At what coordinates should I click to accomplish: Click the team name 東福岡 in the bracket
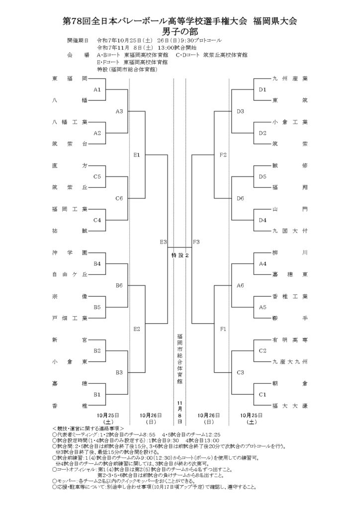(x=70, y=79)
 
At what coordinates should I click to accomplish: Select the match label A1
(x=97, y=89)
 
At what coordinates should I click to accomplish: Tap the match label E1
(x=137, y=155)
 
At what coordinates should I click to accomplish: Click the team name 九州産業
(x=290, y=79)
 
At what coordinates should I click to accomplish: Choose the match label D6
(x=240, y=198)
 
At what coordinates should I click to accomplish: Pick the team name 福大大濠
(x=290, y=406)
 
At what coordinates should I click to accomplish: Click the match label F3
(x=195, y=242)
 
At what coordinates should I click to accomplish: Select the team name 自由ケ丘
(x=70, y=274)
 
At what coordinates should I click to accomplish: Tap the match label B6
(x=119, y=285)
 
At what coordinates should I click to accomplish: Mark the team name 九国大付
(x=290, y=231)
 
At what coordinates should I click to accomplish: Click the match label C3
(x=240, y=372)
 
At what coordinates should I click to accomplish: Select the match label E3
(x=163, y=242)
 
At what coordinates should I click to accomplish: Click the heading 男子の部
(x=180, y=31)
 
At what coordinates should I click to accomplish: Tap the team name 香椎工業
(x=290, y=296)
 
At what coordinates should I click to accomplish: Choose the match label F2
(x=223, y=155)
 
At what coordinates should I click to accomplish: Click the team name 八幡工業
(x=70, y=122)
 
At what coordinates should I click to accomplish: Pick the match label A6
(x=240, y=285)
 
